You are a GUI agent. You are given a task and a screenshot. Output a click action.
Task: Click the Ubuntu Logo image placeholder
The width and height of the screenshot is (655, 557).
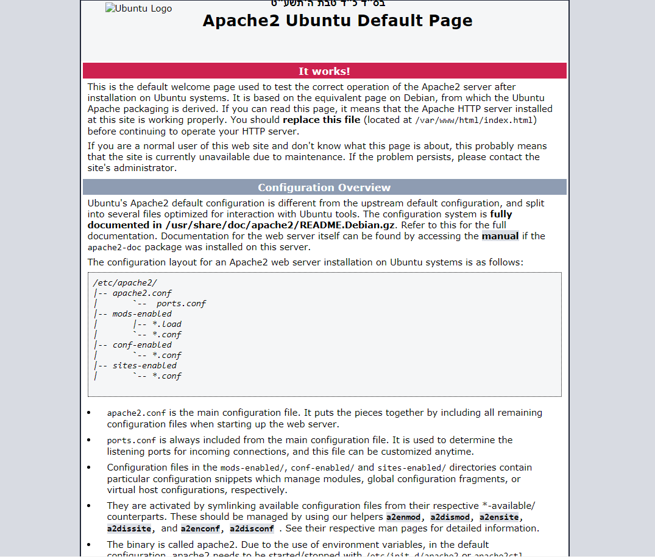138,9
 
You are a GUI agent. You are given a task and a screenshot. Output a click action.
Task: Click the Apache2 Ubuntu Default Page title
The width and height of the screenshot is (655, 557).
337,21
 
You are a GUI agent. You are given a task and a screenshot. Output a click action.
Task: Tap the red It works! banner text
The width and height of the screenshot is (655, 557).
324,71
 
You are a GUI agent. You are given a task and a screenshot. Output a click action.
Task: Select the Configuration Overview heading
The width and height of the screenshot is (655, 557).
324,187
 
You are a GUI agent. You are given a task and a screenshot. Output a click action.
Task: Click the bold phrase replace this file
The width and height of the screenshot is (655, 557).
322,120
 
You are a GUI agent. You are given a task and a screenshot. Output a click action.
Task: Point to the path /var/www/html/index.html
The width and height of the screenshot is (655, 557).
475,121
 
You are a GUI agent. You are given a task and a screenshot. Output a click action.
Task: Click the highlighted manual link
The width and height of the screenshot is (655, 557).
500,236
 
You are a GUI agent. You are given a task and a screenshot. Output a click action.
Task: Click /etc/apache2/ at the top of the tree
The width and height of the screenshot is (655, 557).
125,282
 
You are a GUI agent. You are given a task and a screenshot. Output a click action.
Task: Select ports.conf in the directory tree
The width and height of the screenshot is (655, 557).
181,303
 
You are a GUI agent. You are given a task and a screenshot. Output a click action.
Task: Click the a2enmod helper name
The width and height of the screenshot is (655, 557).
403,517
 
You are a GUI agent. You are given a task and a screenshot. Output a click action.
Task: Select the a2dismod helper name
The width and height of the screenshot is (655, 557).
452,517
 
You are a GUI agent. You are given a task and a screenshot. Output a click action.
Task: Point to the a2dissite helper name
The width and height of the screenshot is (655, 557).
129,529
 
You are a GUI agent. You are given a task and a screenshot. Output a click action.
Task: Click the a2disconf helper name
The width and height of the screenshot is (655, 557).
252,529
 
